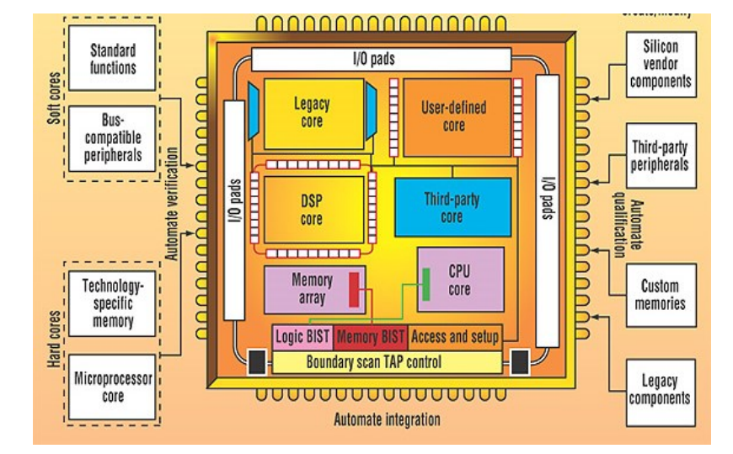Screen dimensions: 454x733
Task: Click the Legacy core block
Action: click(x=313, y=114)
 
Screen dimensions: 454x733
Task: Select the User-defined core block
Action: click(x=455, y=117)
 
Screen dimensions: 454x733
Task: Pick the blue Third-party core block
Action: click(x=452, y=207)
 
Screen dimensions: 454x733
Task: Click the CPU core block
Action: click(x=460, y=280)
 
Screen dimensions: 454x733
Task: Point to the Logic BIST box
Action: click(x=302, y=337)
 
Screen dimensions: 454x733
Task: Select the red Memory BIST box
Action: click(x=371, y=337)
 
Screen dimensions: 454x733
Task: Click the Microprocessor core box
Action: click(x=112, y=387)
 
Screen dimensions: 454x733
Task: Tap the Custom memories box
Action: click(x=661, y=295)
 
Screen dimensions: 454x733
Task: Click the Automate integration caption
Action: click(x=387, y=419)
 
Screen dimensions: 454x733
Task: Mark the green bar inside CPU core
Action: click(x=426, y=283)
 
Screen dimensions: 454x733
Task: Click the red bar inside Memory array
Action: click(x=354, y=288)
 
